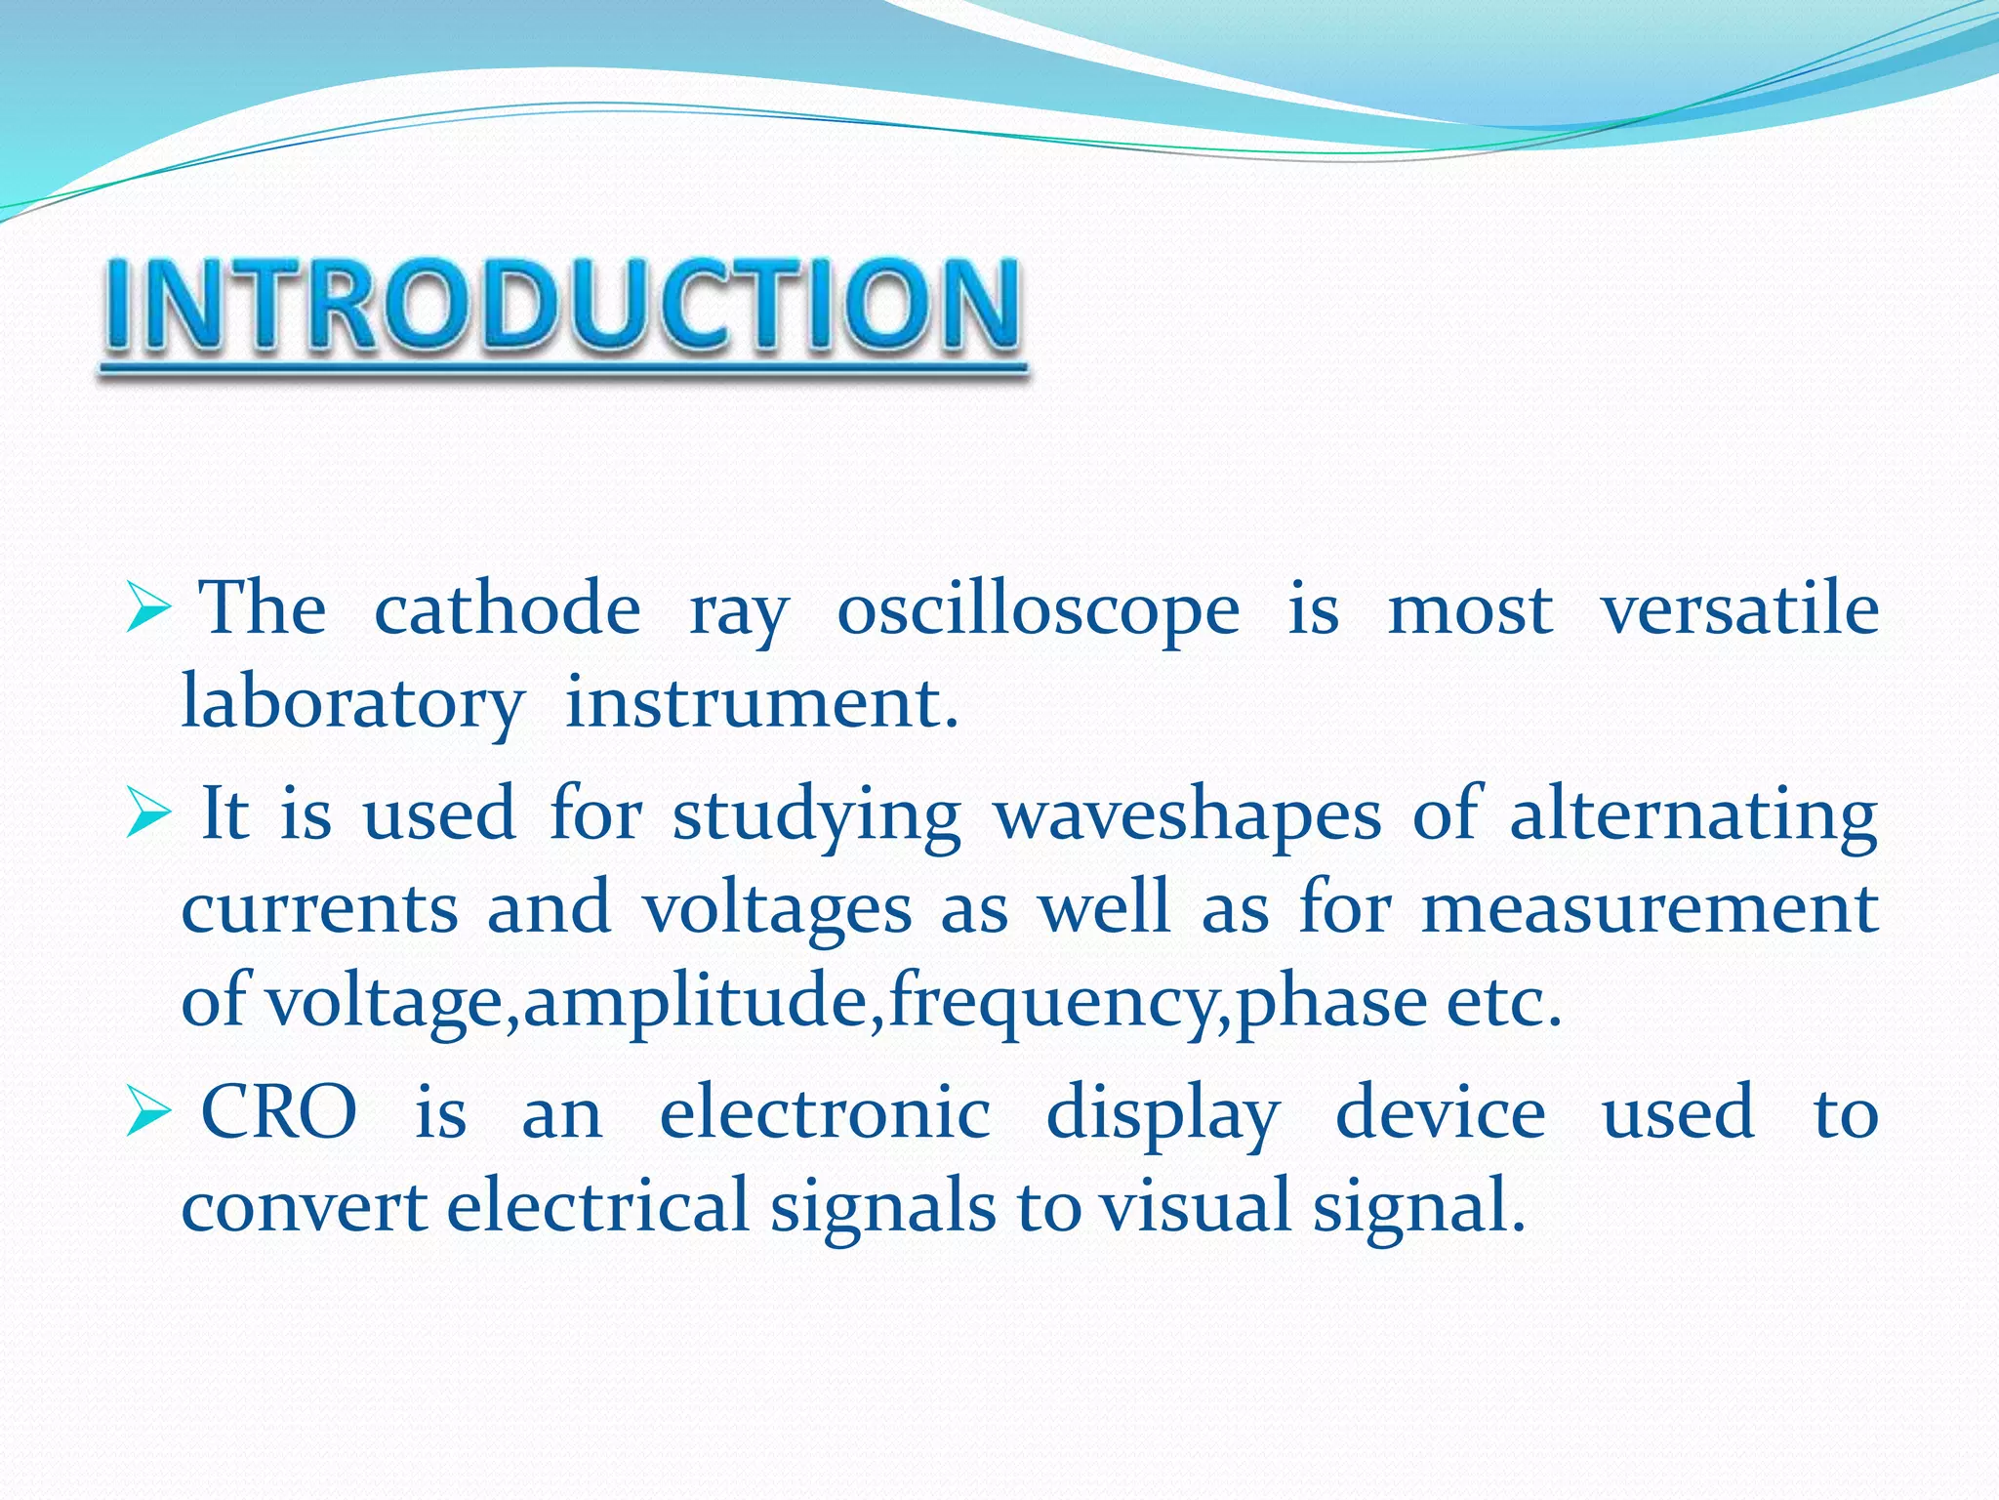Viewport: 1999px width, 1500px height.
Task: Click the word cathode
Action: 508,609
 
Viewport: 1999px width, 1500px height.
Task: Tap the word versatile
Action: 1739,609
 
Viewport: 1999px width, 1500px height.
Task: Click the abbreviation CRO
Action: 279,1113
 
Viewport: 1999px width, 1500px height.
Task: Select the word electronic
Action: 826,1113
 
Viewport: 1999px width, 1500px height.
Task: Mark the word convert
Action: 305,1207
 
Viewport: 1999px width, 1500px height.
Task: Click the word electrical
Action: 597,1205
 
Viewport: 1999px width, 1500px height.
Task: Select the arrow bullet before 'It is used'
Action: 149,818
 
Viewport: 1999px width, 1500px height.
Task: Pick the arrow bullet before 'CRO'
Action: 149,1115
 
